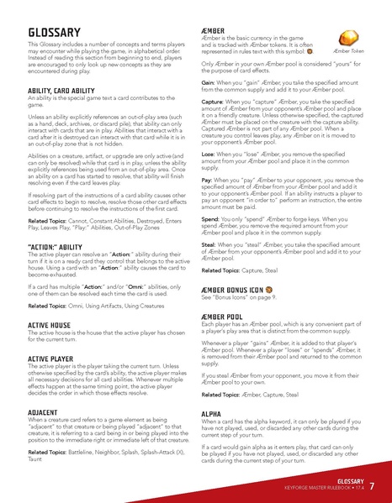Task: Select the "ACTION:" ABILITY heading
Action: point(56,247)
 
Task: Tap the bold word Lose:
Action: point(209,155)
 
